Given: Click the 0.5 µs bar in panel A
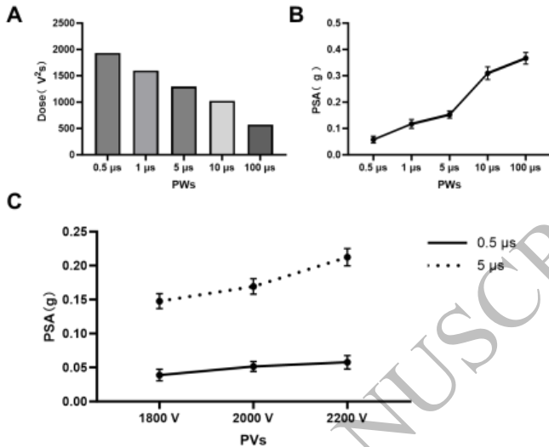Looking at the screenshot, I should (x=107, y=104).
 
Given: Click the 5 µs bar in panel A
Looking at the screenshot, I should (x=183, y=121).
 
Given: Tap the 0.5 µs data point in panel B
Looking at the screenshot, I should (x=373, y=139).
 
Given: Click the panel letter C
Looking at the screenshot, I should (x=13, y=202).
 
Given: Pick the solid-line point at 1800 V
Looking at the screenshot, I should (x=135, y=374).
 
